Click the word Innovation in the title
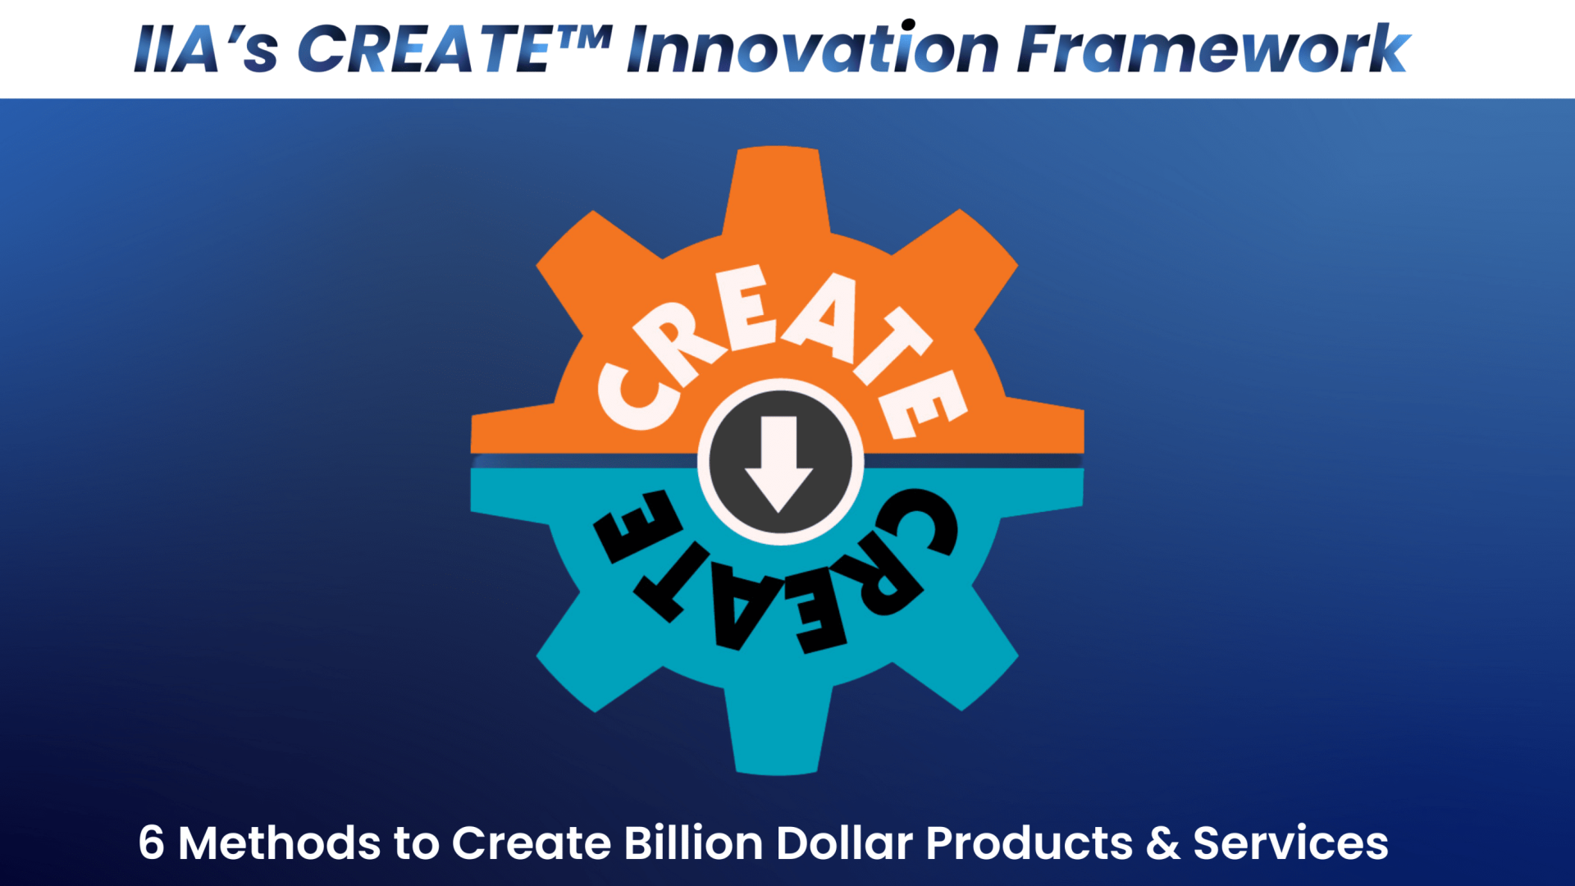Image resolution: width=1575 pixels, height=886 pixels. point(812,48)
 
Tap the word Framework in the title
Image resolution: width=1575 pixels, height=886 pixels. point(1213,48)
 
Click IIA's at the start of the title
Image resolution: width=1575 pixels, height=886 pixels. point(206,48)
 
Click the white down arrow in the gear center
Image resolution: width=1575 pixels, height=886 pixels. point(778,464)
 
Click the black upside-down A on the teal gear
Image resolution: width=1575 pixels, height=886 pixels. point(743,607)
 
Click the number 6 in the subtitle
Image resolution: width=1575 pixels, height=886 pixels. point(151,843)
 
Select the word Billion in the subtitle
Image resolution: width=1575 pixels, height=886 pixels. point(693,843)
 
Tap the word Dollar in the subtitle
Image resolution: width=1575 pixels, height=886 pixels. point(844,843)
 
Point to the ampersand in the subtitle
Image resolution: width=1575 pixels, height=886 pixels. point(1163,843)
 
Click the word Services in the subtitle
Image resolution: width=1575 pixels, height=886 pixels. point(1290,843)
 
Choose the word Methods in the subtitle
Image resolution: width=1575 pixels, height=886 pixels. point(279,843)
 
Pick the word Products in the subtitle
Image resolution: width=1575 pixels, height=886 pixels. point(1029,843)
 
